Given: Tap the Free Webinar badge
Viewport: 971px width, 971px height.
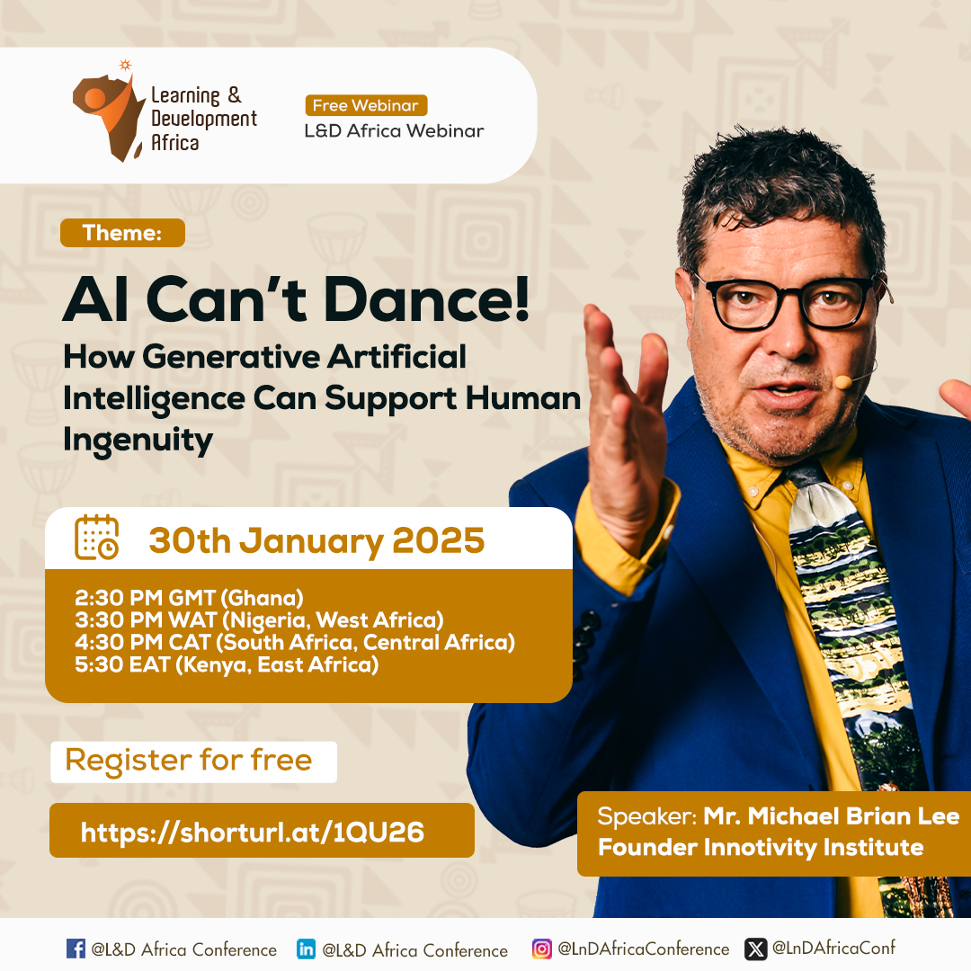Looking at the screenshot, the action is click(366, 105).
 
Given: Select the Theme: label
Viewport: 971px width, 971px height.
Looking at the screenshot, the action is click(122, 233).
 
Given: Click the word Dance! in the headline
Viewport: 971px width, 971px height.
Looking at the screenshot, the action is click(427, 299).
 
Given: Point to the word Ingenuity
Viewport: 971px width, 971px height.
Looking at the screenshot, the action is click(138, 441).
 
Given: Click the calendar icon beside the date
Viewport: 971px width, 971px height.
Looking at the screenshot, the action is click(96, 537).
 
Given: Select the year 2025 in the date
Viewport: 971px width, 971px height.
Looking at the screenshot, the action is click(439, 540).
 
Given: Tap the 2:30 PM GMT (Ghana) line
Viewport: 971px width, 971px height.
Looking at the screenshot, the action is click(189, 598).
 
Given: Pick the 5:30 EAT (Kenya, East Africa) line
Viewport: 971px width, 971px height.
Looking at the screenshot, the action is click(227, 665).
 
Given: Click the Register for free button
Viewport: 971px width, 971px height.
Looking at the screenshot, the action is click(194, 762).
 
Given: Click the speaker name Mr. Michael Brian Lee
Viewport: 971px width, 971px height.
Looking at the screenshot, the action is click(831, 816).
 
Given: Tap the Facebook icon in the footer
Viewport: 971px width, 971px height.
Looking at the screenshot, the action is click(76, 949).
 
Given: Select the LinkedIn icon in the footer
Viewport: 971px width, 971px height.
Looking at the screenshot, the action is click(306, 949).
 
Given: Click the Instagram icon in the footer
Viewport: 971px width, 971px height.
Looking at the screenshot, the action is click(542, 949).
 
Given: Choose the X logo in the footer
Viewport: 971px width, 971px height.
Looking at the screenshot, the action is click(755, 949).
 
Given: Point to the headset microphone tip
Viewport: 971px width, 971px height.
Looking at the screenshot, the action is click(842, 382).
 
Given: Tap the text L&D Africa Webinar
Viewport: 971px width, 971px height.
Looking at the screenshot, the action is click(394, 130).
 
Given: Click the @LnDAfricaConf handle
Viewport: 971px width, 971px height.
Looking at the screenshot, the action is click(833, 949).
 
